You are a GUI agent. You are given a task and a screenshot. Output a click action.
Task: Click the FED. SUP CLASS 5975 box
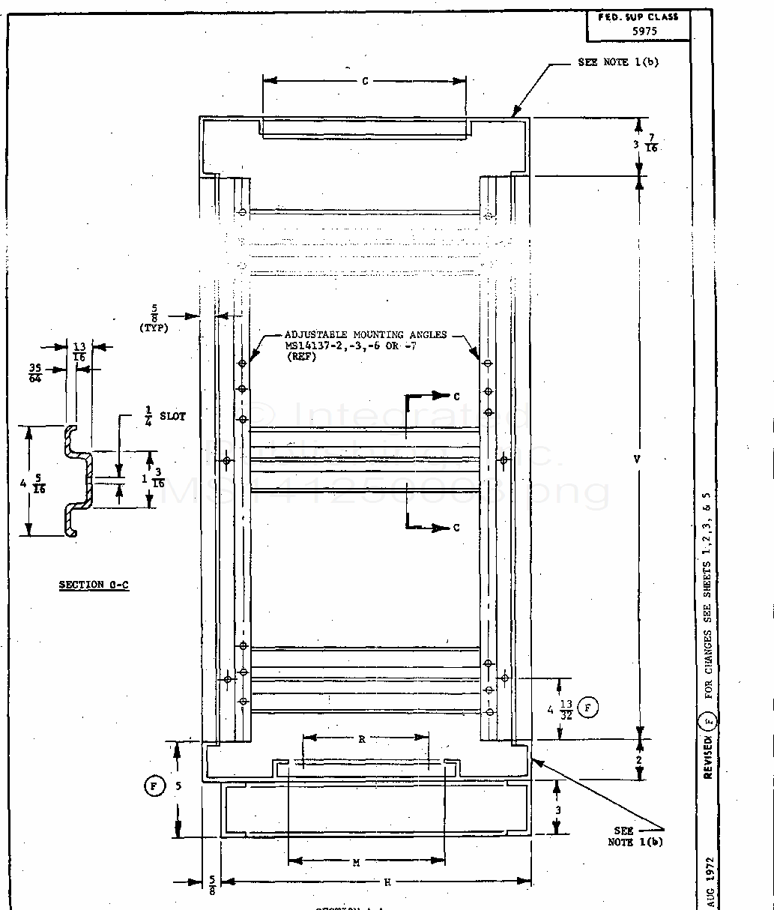point(638,25)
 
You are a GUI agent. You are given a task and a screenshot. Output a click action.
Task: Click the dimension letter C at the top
point(365,81)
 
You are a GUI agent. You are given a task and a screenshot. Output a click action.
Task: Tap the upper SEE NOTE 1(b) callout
point(618,62)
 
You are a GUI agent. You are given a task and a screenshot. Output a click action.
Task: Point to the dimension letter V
point(637,459)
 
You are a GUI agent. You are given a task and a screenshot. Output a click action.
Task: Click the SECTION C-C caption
point(94,585)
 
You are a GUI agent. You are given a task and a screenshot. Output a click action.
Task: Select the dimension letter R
point(362,739)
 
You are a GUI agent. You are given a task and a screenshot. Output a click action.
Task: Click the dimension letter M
point(357,863)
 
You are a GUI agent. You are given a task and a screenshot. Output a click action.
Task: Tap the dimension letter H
point(387,882)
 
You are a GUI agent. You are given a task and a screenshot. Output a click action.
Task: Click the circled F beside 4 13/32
point(588,707)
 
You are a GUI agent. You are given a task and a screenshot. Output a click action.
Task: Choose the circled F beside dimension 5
point(153,786)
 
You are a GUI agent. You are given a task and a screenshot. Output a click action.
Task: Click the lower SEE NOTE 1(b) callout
point(634,836)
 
